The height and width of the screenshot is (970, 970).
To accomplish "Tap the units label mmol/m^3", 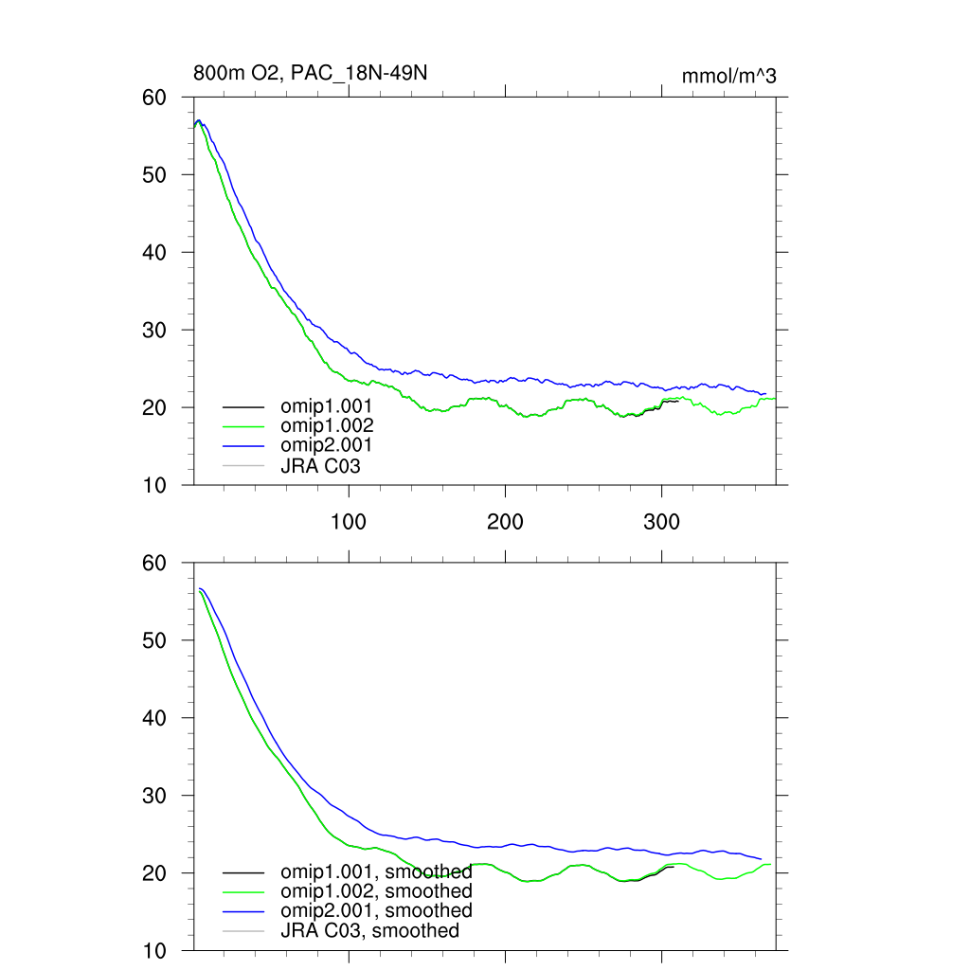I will (728, 76).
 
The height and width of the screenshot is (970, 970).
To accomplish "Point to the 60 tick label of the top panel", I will (154, 98).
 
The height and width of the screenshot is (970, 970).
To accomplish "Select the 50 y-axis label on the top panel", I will (154, 175).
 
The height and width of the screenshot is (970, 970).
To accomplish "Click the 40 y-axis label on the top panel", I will (154, 253).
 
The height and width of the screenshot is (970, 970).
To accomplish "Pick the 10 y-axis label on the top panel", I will (154, 485).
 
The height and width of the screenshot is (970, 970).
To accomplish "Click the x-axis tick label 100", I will (349, 522).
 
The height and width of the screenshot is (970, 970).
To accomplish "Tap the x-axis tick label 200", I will (505, 522).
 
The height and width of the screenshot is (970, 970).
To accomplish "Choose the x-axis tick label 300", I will (661, 522).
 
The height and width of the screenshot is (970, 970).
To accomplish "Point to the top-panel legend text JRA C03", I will (320, 465).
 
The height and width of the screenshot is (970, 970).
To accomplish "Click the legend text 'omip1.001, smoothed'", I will (376, 871).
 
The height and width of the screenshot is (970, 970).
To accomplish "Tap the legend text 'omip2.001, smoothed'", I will (376, 910).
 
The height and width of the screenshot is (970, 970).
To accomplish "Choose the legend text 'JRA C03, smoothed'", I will (369, 930).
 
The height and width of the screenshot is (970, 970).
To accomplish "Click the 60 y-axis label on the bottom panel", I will (154, 563).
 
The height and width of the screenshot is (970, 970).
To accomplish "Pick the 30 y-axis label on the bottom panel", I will (154, 796).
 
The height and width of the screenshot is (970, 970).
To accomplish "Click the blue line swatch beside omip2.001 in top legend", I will (242, 446).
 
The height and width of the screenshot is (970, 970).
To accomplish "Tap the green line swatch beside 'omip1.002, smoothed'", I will (242, 891).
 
